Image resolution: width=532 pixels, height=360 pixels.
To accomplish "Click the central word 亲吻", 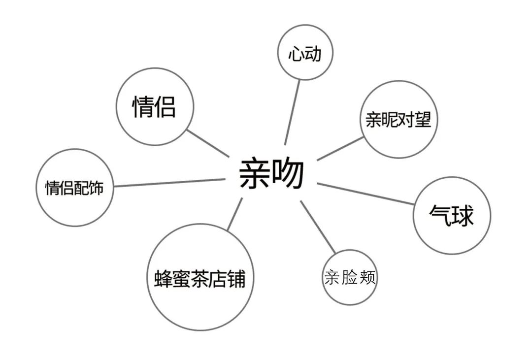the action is (271, 173).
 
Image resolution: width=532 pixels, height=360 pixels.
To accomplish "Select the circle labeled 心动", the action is (305, 53).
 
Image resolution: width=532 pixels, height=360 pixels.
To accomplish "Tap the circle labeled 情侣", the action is (154, 107).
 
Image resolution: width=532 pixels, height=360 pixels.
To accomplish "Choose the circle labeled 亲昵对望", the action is (398, 120).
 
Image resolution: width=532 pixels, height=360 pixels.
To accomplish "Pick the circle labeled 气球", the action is (451, 216).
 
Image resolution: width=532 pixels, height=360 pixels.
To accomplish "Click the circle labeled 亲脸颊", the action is (350, 278).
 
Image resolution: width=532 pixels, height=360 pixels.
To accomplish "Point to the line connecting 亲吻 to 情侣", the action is (209, 144).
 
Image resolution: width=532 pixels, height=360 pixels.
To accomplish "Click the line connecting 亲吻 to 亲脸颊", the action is (318, 227).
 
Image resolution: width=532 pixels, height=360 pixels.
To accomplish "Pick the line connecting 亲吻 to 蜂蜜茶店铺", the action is (235, 214).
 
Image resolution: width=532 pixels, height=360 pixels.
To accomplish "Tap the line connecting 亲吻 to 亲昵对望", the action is (340, 148).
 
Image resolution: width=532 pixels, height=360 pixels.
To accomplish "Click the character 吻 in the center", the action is (288, 174).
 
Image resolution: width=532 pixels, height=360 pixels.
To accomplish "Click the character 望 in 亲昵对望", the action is (423, 120).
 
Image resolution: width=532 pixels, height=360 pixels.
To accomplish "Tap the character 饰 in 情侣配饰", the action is (96, 188).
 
